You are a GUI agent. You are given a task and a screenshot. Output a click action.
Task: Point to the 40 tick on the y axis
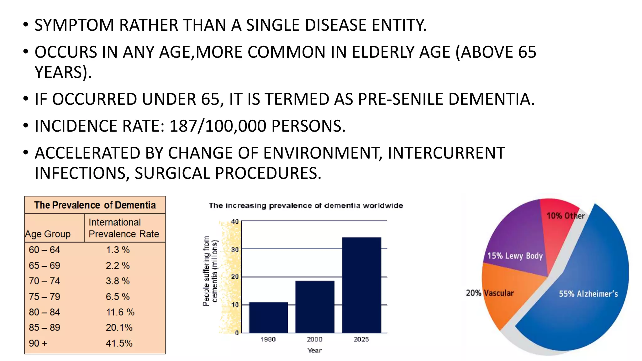point(235,222)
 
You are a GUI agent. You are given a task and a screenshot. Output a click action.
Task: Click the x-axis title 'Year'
point(314,350)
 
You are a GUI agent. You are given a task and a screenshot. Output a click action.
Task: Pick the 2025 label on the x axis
point(361,339)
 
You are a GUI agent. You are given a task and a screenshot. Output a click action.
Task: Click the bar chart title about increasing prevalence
point(306,206)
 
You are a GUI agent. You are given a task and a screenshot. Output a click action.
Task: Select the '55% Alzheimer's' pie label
point(588,294)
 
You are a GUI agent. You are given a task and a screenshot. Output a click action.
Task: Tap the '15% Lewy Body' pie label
point(515,256)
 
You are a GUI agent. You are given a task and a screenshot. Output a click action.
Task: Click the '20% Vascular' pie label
point(490,293)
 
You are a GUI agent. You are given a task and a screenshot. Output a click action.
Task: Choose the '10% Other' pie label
point(566,216)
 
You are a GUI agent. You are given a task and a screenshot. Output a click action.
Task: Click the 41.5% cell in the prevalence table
point(119,343)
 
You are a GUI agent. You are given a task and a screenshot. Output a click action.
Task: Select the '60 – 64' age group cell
point(44,250)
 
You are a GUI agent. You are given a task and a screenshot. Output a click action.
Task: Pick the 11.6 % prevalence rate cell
point(120,312)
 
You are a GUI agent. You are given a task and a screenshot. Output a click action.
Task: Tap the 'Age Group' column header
point(48,234)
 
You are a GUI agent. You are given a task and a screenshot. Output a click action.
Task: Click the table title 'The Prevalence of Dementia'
point(95,205)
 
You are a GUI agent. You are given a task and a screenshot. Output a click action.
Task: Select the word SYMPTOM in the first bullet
point(74,25)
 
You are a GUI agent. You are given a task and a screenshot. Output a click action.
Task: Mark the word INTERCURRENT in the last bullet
point(446,153)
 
